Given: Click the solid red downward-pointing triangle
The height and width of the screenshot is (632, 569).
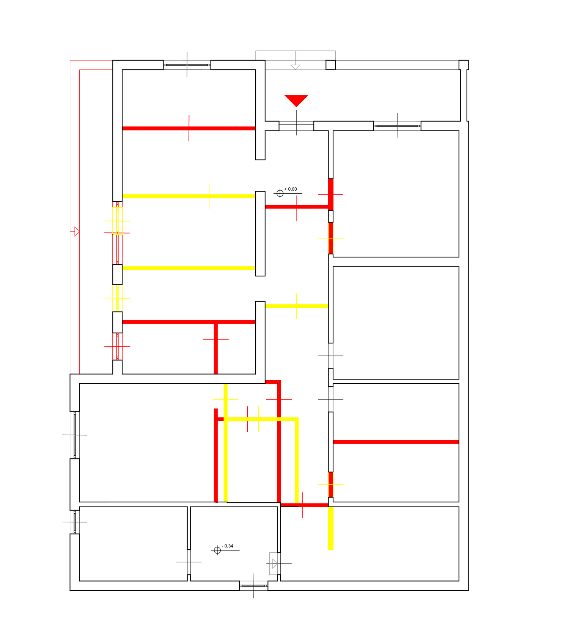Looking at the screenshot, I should pos(296,100).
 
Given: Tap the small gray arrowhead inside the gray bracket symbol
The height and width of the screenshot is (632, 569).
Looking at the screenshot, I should pos(296,67).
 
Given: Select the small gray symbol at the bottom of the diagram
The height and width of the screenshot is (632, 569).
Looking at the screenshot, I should pos(273,563).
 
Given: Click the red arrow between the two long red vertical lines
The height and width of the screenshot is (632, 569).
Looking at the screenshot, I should pos(75,231).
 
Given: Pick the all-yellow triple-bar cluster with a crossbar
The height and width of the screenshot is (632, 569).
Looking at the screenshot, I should pos(117,298).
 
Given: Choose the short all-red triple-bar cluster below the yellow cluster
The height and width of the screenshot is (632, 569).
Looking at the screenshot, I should pos(117,347).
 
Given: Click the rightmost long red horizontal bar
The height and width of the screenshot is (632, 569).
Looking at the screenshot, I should pos(396,442).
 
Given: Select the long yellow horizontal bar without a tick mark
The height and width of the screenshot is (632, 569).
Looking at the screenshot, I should pos(189,268).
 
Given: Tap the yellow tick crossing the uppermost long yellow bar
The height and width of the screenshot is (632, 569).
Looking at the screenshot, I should pos(209,196).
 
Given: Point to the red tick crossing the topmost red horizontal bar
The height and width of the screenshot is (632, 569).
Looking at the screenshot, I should pos(189,128).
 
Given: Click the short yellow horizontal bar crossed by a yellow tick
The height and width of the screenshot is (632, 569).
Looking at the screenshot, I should pos(297,306).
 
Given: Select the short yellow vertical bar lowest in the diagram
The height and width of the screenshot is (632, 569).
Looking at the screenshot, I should pos(331,529).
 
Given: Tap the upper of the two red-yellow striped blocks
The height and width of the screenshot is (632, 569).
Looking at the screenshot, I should pos(331,238).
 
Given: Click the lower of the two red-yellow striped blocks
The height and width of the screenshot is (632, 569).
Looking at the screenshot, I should pos(331,485).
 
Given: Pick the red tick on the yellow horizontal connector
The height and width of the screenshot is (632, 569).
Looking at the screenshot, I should pos(247,419).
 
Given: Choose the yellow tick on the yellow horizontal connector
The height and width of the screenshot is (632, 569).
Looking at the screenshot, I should pos(258,419).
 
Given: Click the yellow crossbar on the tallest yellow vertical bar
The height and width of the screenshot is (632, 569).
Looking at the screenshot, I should pos(226,399).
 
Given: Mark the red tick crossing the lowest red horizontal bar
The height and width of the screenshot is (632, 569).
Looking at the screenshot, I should pos(302,505).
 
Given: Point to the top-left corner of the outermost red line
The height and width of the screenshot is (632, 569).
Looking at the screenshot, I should pos(70,60).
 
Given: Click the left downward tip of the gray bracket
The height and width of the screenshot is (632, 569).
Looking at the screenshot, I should pos(256,58).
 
